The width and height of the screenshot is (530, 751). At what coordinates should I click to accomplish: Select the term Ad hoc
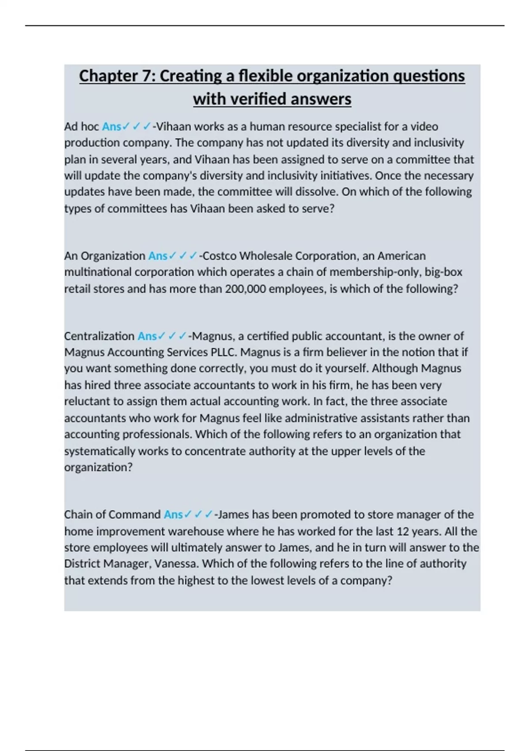(x=81, y=127)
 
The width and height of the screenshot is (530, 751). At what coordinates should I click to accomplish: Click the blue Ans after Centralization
(x=147, y=336)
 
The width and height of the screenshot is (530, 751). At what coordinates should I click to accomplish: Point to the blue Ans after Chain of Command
(x=173, y=515)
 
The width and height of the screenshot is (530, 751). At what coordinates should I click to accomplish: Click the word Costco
(x=220, y=256)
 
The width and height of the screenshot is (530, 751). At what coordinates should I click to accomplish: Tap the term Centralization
(x=99, y=336)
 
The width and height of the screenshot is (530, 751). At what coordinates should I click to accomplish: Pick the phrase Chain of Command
(x=112, y=515)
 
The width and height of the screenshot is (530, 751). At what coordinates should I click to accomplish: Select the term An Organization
(x=104, y=256)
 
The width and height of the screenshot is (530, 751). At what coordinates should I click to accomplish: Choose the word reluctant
(x=87, y=402)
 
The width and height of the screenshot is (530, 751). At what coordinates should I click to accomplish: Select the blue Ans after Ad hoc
(x=111, y=127)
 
